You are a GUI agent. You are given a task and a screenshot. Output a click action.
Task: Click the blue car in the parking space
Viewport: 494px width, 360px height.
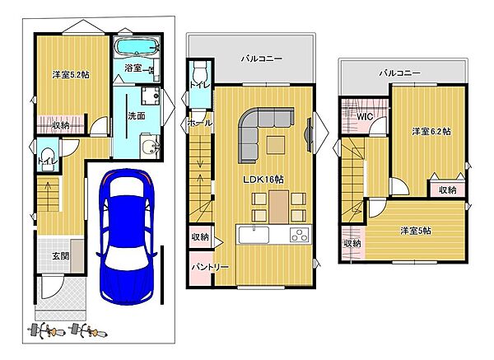tap(127, 236)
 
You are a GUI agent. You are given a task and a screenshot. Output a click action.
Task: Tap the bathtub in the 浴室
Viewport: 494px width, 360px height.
tap(137, 48)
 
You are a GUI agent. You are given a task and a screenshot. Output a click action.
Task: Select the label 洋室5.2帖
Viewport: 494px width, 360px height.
tap(71, 75)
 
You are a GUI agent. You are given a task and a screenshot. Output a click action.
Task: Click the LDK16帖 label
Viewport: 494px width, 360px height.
tap(263, 180)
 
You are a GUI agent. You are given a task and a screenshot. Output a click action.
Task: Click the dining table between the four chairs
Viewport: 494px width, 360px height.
tap(278, 207)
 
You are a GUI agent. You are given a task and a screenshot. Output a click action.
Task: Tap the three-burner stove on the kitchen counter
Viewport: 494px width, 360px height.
tap(300, 235)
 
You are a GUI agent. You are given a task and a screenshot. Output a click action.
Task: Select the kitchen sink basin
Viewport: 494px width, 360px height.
tap(254, 235)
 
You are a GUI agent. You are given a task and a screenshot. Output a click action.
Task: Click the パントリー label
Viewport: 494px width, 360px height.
tap(210, 267)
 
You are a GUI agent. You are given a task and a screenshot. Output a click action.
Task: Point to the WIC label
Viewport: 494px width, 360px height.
tap(365, 116)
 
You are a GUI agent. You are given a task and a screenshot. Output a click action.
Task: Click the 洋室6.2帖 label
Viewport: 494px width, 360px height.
tap(431, 131)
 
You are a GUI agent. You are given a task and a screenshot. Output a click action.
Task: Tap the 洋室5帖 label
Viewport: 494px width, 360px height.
tap(416, 231)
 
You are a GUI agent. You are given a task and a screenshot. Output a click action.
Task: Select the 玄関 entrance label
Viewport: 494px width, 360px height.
tap(60, 256)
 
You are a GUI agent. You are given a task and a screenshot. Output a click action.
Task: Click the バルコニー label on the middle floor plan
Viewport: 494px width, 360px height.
tap(262, 58)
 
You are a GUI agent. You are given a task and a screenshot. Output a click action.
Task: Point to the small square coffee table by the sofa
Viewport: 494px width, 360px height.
tap(275, 145)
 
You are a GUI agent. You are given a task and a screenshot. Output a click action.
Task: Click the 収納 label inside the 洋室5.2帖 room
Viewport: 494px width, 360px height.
tap(60, 125)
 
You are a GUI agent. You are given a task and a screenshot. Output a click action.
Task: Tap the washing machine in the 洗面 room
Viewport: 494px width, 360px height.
tap(151, 96)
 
